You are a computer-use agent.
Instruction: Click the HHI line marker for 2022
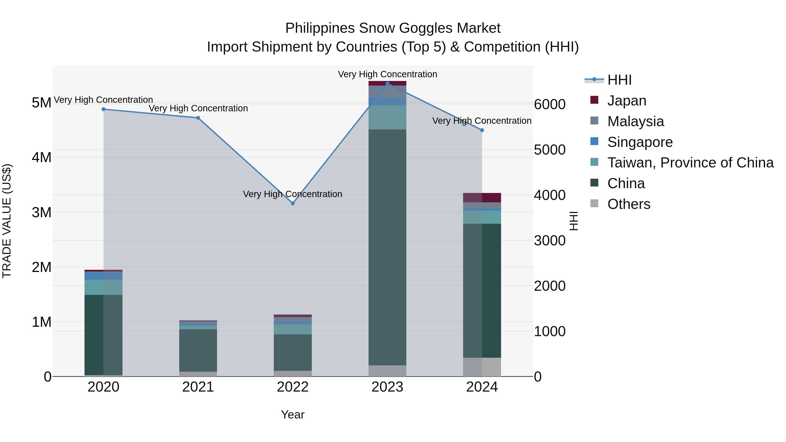[x=293, y=203]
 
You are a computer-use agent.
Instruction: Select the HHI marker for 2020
[x=103, y=109]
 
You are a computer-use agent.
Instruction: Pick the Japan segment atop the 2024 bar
[x=482, y=198]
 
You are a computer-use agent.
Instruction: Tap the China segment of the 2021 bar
[x=198, y=350]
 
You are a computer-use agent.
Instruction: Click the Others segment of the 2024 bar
[x=482, y=367]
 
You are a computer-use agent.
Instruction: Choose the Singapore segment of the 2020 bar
[x=103, y=275]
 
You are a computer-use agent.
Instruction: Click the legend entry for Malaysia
[x=635, y=121]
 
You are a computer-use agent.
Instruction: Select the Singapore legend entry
[x=639, y=142]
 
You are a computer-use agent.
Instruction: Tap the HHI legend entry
[x=619, y=80]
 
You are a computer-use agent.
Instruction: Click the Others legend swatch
[x=594, y=203]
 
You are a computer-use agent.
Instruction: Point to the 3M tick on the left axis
[x=41, y=212]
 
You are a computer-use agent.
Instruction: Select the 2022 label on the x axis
[x=293, y=387]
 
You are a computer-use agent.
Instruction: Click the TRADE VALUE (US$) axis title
[x=7, y=221]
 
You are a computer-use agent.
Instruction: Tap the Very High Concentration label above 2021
[x=198, y=108]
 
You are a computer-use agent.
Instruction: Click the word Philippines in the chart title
[x=320, y=28]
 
